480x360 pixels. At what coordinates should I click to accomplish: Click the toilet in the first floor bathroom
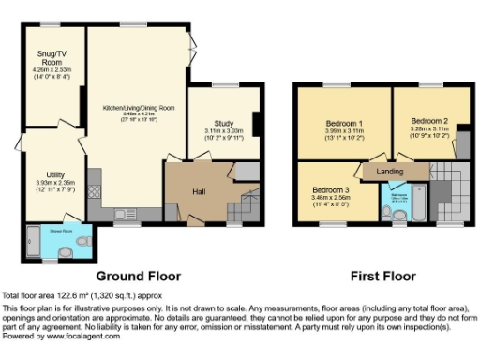(x=387, y=213)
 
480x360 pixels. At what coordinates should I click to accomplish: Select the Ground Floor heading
(x=139, y=276)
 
